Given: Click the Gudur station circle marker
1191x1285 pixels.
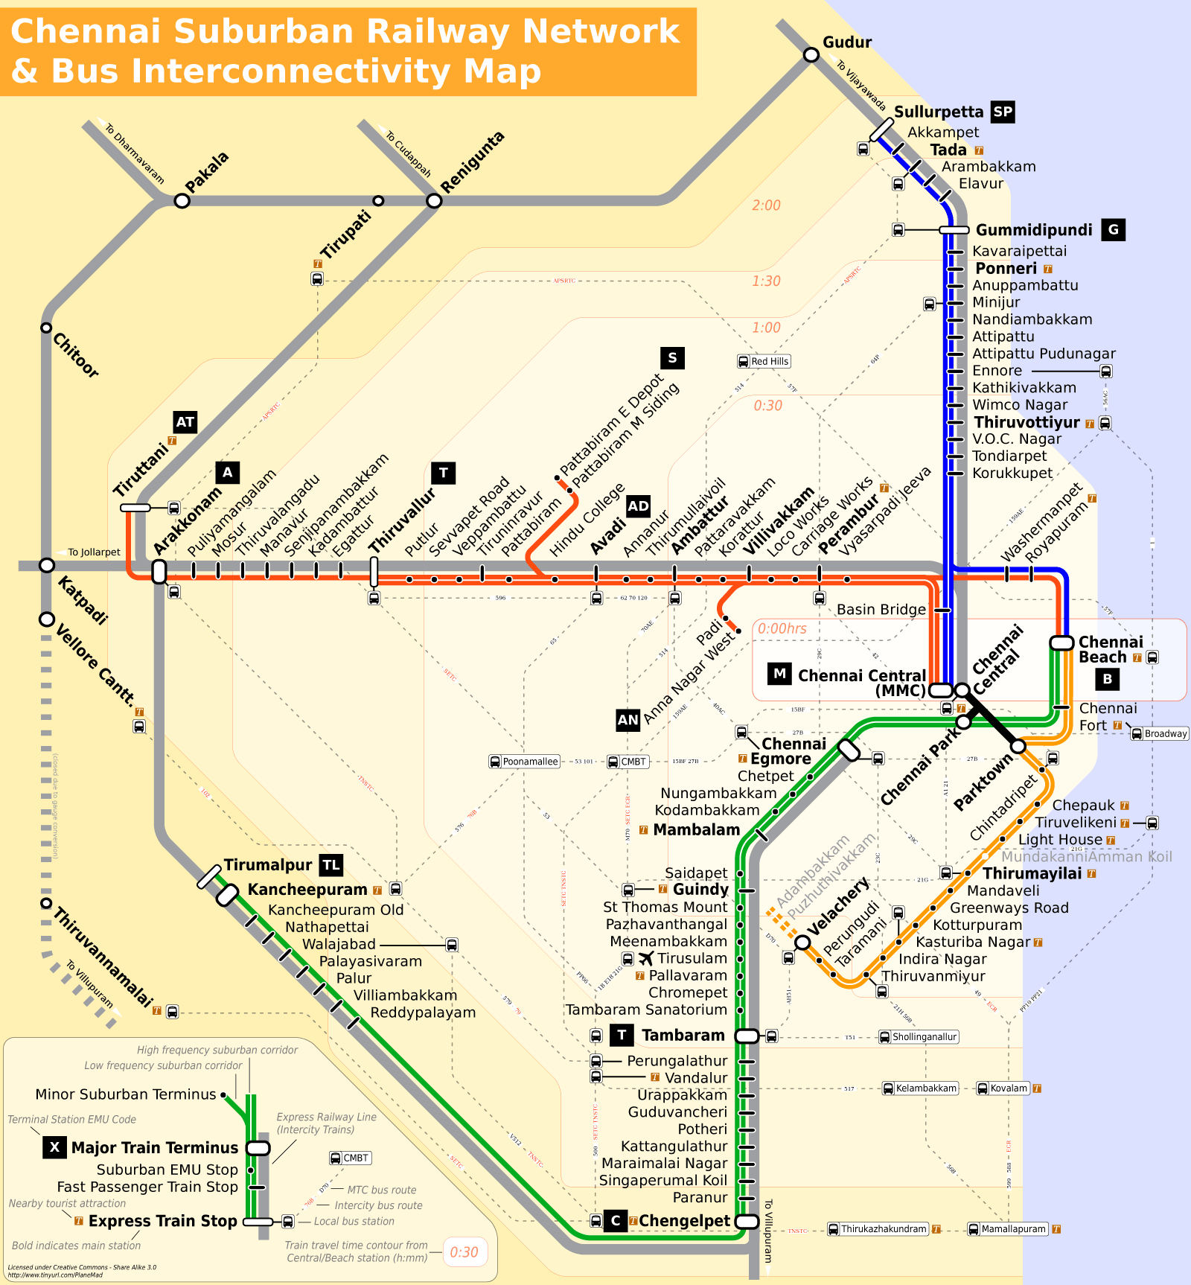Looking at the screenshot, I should coord(811,55).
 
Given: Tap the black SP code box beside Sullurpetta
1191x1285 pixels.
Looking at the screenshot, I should coord(1003,112).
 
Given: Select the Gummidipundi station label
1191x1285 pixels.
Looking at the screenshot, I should coord(1034,230).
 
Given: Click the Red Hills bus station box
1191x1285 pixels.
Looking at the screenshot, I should coord(764,361).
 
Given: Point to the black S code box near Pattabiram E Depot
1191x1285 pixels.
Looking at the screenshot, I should coord(672,358).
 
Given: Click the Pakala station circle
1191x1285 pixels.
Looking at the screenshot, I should coord(182,201).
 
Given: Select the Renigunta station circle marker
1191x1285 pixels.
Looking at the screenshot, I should coord(434,201).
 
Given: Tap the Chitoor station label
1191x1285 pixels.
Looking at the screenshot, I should coord(75,355).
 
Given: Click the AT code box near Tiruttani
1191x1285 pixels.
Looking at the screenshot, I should coord(185,422).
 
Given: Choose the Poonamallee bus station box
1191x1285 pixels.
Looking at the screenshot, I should coord(524,762).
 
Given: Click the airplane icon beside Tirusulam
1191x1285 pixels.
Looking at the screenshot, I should coord(645,958).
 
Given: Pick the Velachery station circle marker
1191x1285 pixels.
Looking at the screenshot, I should coord(802,943).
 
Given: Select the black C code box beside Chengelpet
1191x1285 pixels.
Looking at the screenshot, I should coord(615,1221).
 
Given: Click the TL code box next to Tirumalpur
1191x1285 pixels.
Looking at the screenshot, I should coord(331,865).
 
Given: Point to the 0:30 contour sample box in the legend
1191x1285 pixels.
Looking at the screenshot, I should coord(464,1252).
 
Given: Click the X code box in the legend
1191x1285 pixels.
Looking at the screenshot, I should coord(54,1147).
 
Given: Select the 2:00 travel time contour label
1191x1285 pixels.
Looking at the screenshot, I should coord(766,205).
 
